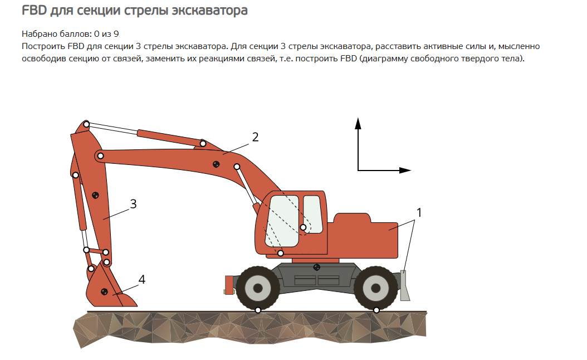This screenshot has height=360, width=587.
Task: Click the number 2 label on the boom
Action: (255, 137)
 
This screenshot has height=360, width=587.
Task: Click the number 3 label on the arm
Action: (133, 204)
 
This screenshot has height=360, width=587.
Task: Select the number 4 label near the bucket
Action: (142, 279)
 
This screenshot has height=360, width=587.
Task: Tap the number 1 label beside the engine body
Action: (419, 212)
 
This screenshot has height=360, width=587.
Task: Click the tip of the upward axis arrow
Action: (358, 118)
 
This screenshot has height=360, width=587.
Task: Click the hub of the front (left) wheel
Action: (258, 288)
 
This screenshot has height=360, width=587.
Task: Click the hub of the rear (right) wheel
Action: (375, 289)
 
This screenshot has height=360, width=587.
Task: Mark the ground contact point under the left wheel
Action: (258, 310)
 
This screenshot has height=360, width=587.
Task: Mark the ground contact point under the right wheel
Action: (376, 310)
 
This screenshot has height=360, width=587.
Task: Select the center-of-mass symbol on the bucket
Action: (105, 291)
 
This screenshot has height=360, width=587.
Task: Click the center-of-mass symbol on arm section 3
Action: (95, 195)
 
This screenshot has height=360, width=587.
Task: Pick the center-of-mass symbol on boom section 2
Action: (216, 164)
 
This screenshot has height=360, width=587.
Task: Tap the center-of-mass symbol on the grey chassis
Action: (316, 267)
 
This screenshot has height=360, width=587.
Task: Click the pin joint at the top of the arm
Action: (86, 124)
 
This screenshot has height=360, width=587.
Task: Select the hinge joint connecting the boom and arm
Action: (100, 155)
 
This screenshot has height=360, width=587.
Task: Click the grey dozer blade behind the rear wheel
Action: (405, 285)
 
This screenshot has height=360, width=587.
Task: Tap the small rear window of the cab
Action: (312, 214)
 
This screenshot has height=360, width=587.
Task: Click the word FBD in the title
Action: (34, 10)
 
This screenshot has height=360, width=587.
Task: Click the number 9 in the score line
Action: (116, 34)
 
